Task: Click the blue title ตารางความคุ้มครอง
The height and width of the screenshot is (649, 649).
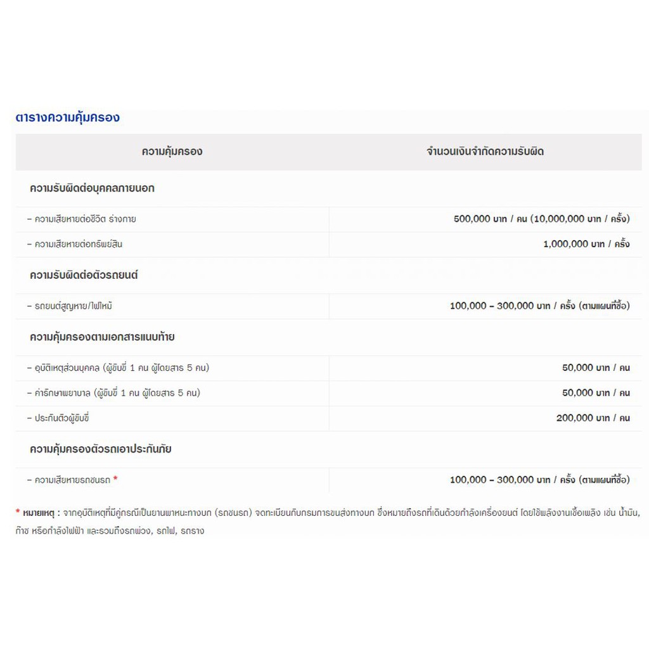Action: (67, 117)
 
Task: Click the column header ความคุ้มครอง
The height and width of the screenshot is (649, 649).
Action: (172, 151)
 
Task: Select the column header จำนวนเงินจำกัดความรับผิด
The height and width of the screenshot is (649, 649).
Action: (485, 151)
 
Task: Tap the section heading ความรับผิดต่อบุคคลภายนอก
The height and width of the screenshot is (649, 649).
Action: (92, 188)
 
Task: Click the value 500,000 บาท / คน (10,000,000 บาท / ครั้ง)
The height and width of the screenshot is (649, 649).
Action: (541, 219)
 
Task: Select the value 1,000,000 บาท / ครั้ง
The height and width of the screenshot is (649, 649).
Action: (586, 244)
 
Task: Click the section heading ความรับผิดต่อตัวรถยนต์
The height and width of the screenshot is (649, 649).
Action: (84, 275)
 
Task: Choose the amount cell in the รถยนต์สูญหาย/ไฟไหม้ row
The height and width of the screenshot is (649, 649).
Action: (539, 306)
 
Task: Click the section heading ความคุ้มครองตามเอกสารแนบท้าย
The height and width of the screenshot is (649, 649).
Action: (102, 337)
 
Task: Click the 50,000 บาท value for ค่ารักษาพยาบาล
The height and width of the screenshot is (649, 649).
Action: (596, 393)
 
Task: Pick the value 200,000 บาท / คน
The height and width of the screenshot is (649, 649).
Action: (593, 418)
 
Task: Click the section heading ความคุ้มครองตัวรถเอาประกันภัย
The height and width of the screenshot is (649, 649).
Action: (101, 449)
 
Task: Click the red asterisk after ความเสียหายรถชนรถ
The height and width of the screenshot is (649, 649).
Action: (115, 479)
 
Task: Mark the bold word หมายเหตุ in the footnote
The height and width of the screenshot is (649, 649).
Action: (39, 512)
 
